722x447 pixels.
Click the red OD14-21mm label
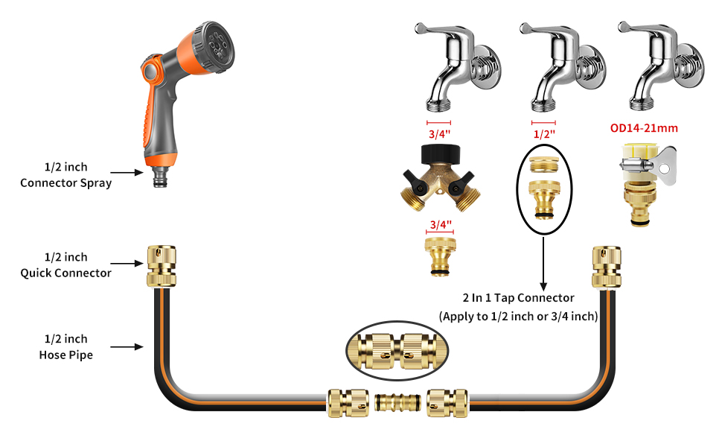(644, 128)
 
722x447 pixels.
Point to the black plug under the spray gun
(160, 177)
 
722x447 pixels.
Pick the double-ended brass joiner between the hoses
(397, 402)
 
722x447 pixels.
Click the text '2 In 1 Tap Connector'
(519, 298)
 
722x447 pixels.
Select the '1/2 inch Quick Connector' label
(66, 265)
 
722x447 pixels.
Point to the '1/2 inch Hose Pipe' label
(66, 347)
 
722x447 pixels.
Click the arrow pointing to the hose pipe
(127, 346)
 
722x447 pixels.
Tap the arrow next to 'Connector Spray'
(127, 172)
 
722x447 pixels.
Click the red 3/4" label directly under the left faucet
(440, 134)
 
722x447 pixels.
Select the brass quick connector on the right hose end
(607, 267)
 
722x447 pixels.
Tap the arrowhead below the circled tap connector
(544, 286)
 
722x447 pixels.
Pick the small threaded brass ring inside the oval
(544, 165)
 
